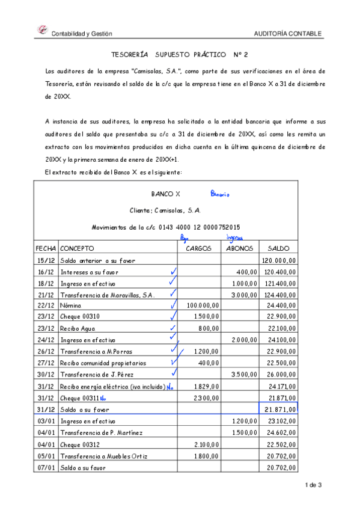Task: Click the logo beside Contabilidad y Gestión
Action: coord(42,29)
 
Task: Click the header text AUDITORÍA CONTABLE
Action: coord(288,34)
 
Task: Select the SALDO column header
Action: coord(279,248)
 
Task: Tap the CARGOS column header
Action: coord(198,248)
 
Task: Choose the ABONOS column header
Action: coord(239,248)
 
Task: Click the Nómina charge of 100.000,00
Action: coord(203,306)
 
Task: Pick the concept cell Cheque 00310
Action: coord(79,318)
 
